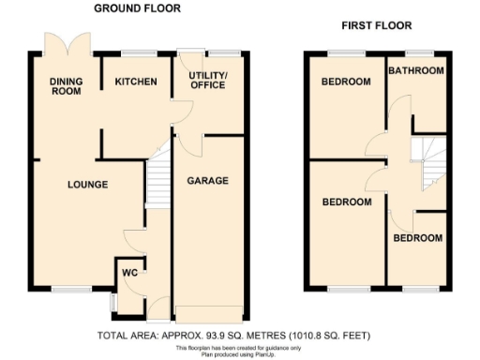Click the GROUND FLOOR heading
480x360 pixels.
click(137, 8)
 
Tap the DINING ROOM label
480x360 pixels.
click(67, 87)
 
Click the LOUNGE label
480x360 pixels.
click(87, 185)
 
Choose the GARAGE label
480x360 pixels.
click(208, 180)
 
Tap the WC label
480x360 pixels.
click(129, 274)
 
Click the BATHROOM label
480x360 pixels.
click(416, 70)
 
